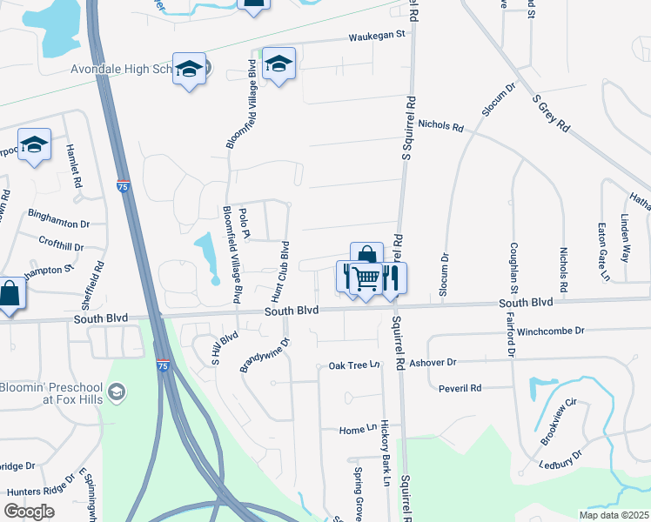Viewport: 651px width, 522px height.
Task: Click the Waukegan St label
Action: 378,36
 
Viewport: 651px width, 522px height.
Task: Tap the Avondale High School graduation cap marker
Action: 189,70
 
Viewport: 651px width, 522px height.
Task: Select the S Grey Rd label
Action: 550,114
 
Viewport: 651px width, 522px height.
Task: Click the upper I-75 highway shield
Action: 124,187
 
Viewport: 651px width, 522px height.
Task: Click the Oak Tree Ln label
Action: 355,365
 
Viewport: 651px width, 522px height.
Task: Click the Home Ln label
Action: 353,430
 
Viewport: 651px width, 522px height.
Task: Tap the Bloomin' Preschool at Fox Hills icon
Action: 116,394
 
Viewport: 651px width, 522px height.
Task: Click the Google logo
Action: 29,512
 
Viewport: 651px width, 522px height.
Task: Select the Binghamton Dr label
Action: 59,224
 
